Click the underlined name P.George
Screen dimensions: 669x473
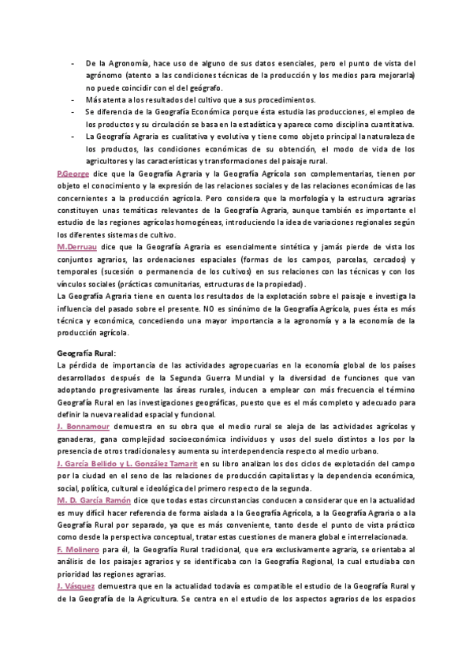74,173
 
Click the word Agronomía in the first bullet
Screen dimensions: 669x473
125,62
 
